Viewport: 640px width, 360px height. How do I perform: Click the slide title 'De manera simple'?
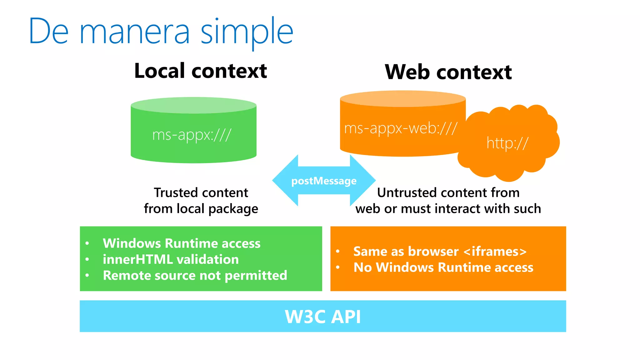(x=161, y=31)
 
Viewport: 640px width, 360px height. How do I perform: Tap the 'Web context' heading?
(x=448, y=72)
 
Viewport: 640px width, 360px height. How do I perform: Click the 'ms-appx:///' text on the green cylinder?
(x=192, y=135)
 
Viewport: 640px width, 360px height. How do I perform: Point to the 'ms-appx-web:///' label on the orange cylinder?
(x=401, y=128)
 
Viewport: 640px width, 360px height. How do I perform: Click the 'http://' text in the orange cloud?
(x=507, y=143)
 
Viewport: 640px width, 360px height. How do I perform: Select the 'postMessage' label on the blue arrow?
(x=324, y=181)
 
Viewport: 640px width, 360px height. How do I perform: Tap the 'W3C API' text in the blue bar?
(x=323, y=317)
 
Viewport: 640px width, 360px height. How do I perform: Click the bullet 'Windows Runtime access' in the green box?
(x=182, y=243)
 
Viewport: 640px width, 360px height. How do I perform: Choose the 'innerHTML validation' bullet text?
(x=171, y=259)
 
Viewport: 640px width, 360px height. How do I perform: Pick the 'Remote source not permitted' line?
(x=195, y=275)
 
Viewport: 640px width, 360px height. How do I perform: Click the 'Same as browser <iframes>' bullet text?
(x=440, y=252)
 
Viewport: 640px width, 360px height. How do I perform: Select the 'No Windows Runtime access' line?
(x=443, y=267)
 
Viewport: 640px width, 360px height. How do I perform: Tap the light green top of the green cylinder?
(x=193, y=105)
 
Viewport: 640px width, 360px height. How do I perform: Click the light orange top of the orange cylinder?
(x=403, y=98)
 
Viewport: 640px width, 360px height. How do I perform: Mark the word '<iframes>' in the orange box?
(x=495, y=252)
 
